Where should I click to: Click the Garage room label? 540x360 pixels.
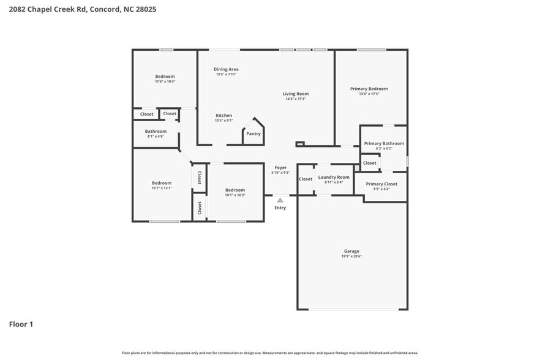[x=351, y=251]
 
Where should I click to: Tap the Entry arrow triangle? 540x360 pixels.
[x=280, y=200]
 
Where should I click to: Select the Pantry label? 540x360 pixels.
[x=253, y=133]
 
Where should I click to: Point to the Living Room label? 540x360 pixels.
[x=296, y=94]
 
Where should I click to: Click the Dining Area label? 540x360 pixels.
[x=226, y=69]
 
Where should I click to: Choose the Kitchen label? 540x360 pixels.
[x=223, y=116]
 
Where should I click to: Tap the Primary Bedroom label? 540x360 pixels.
[x=369, y=89]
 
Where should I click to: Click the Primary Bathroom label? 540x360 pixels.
[x=384, y=143]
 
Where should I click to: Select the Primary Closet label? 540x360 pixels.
[x=381, y=184]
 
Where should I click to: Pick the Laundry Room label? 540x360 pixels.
[x=334, y=177]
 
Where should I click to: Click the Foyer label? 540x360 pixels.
[x=280, y=167]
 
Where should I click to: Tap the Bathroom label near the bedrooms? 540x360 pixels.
[x=156, y=131]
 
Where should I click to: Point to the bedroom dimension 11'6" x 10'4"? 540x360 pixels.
[x=165, y=81]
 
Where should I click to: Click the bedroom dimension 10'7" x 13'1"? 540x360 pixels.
[x=162, y=188]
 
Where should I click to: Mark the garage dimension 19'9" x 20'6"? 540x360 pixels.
[x=351, y=256]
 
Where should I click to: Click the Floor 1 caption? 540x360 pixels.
[x=21, y=324]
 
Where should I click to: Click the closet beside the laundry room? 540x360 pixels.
[x=306, y=179]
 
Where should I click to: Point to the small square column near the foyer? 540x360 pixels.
[x=299, y=144]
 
